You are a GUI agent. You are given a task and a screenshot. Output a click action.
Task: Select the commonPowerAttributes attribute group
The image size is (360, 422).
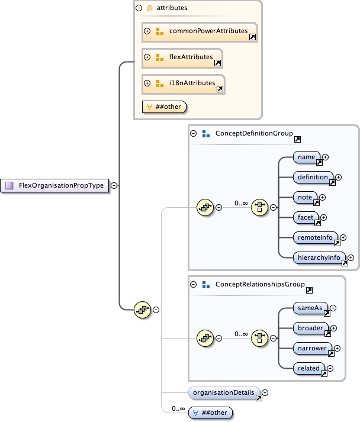click(x=200, y=31)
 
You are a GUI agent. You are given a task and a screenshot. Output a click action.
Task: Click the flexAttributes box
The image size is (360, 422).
click(x=182, y=57)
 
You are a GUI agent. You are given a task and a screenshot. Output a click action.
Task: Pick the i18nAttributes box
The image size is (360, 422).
click(x=184, y=83)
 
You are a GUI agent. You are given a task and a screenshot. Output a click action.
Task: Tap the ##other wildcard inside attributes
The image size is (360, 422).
click(x=165, y=107)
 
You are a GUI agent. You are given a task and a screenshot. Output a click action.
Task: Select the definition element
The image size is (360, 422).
click(x=313, y=177)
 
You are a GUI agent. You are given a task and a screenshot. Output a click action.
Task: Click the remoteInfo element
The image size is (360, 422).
click(x=316, y=237)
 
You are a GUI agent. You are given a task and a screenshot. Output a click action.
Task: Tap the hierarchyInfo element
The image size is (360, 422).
click(x=319, y=257)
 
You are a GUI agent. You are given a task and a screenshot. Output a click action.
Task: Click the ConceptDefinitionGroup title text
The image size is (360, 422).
click(x=253, y=134)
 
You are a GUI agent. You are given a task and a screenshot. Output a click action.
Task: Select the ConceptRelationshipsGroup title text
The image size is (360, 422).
click(x=260, y=285)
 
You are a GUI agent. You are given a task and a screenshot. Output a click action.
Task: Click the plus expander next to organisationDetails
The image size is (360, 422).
click(x=265, y=392)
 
